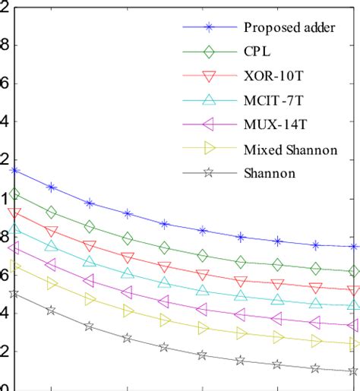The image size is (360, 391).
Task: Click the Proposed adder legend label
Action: (x=289, y=28)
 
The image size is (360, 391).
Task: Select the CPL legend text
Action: (x=257, y=52)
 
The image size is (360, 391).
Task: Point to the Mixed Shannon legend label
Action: (x=291, y=150)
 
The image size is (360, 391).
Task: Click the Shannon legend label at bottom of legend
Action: (x=270, y=173)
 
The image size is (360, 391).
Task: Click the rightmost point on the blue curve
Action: (x=353, y=247)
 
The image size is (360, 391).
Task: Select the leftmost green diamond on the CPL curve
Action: (x=14, y=194)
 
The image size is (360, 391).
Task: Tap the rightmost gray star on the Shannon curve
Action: (x=353, y=371)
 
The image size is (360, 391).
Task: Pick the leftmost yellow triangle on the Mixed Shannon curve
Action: (x=14, y=267)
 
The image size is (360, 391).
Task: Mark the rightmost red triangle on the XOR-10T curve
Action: (x=353, y=290)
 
